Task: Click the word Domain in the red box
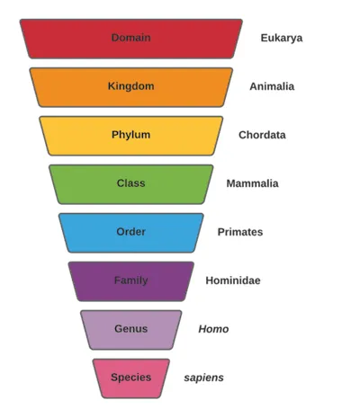130,38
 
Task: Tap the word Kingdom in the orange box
130,86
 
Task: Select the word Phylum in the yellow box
130,135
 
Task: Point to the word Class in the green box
130,183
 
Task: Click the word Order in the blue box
130,232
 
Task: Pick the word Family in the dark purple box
130,280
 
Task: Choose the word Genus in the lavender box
130,329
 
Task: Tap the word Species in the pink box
130,378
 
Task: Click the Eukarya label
282,39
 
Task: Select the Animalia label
272,86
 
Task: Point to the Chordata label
262,135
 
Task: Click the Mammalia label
252,183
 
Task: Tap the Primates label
240,232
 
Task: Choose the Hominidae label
233,280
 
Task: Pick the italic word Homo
213,329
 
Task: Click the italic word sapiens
203,378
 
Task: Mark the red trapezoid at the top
131,39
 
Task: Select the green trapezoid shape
131,184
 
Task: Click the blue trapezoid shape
131,233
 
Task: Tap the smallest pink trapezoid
131,378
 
